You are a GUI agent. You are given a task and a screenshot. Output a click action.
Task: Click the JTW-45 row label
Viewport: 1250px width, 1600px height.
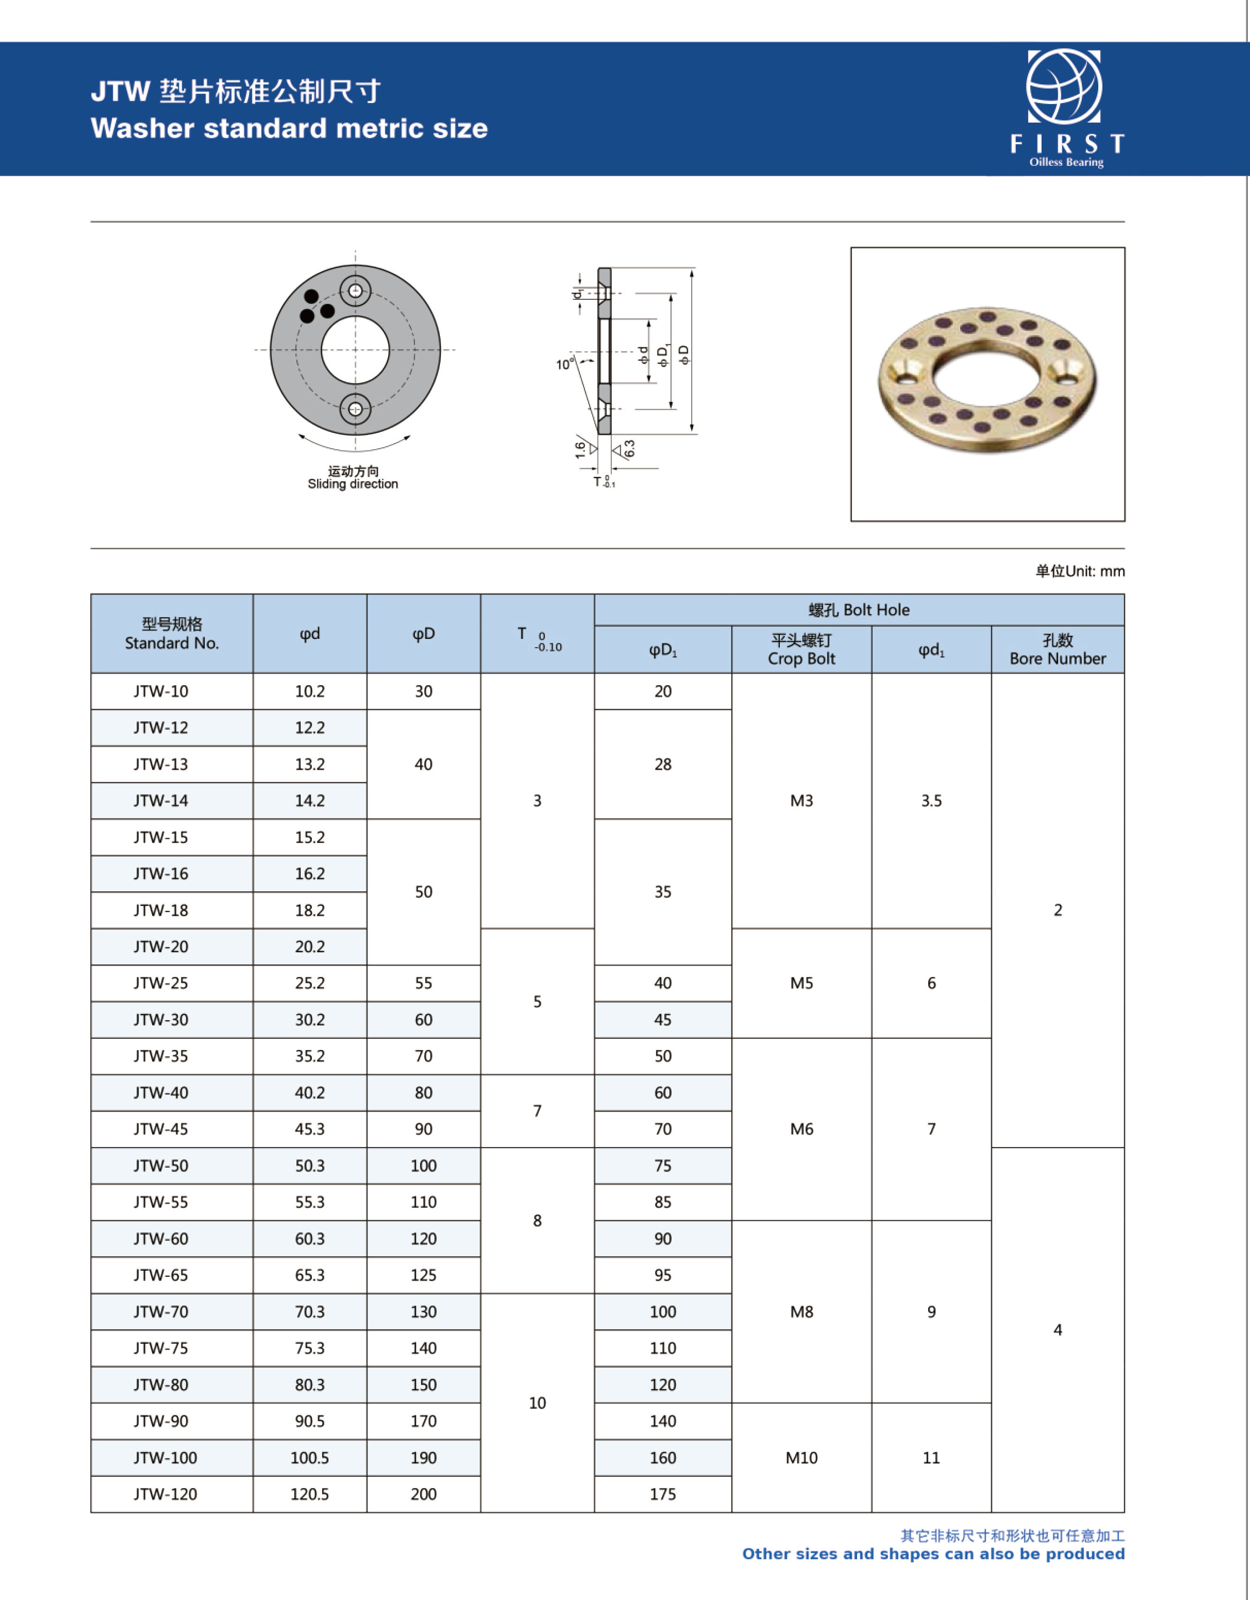pyautogui.click(x=161, y=1129)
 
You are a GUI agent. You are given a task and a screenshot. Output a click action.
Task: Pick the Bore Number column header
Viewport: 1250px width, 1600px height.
pyautogui.click(x=1058, y=650)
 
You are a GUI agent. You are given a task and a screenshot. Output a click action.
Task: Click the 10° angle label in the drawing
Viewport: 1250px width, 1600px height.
pyautogui.click(x=564, y=364)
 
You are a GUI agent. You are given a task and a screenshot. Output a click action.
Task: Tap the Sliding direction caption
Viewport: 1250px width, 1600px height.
pyautogui.click(x=353, y=484)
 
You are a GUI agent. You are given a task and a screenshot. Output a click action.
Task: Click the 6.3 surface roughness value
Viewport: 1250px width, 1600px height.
pyautogui.click(x=629, y=448)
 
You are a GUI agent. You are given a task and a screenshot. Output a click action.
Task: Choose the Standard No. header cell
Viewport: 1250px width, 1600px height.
pyautogui.click(x=171, y=634)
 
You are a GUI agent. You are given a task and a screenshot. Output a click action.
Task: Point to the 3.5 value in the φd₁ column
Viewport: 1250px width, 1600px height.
pyautogui.click(x=931, y=801)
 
